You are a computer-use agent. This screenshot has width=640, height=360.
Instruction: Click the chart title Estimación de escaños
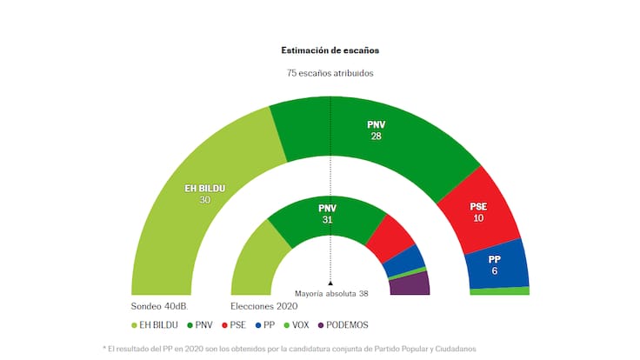330,51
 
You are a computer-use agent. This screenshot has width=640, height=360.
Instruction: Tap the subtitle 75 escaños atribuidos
330,73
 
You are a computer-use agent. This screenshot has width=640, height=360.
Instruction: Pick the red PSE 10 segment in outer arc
478,211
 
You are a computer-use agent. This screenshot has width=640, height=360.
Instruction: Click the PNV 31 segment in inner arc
327,213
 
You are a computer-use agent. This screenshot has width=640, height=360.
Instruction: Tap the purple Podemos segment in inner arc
410,284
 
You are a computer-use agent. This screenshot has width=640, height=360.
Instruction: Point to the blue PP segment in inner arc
404,259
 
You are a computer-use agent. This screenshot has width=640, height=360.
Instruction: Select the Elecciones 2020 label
263,307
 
